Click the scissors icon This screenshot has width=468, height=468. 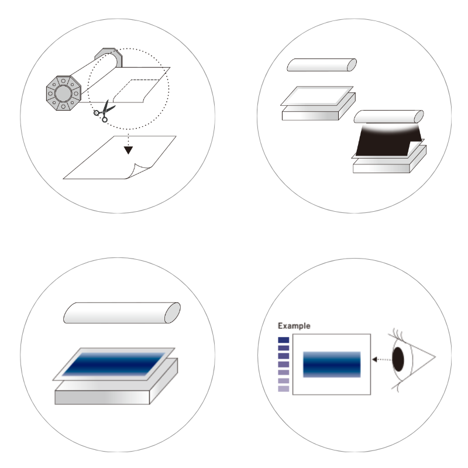point(104,111)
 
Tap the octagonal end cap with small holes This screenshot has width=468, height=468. point(63,93)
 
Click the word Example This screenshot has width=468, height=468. point(294,326)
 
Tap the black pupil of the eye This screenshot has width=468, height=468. point(398,359)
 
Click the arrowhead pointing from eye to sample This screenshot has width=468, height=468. point(374,359)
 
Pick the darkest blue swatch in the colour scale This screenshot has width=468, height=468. point(284,340)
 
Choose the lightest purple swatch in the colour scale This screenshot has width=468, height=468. point(284,389)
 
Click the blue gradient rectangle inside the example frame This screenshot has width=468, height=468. point(332,364)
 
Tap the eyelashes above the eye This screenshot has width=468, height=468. point(398,333)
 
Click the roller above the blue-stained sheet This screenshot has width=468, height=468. point(122,313)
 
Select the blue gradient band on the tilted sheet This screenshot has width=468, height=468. point(114,364)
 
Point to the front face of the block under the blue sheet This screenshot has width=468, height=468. point(102,398)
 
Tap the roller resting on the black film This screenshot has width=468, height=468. point(388,116)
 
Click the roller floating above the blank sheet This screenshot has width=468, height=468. point(322,65)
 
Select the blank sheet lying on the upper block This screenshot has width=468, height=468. point(317,96)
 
